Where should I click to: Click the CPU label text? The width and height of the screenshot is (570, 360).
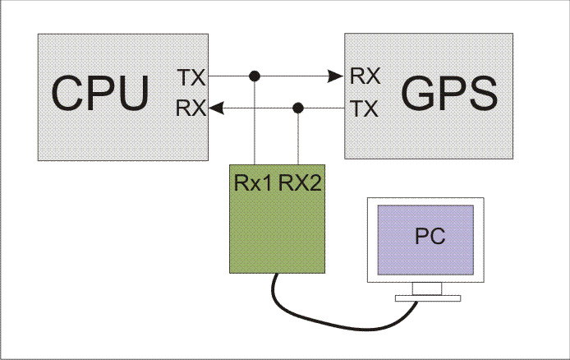[102, 93]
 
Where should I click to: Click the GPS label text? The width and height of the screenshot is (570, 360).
[448, 94]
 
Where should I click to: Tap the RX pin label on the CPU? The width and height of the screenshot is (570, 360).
[191, 108]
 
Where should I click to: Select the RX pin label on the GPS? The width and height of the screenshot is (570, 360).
[365, 76]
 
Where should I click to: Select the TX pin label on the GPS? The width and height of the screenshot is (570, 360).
[365, 108]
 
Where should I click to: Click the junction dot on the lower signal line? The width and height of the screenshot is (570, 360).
[298, 108]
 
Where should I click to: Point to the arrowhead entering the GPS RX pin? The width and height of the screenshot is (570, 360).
[335, 76]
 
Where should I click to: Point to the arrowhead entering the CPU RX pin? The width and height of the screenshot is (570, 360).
[215, 108]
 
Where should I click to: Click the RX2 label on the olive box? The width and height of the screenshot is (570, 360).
[299, 182]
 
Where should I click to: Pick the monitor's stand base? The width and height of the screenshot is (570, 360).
[426, 297]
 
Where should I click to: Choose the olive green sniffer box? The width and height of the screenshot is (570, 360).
[275, 230]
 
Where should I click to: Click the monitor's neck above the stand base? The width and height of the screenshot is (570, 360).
[426, 287]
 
